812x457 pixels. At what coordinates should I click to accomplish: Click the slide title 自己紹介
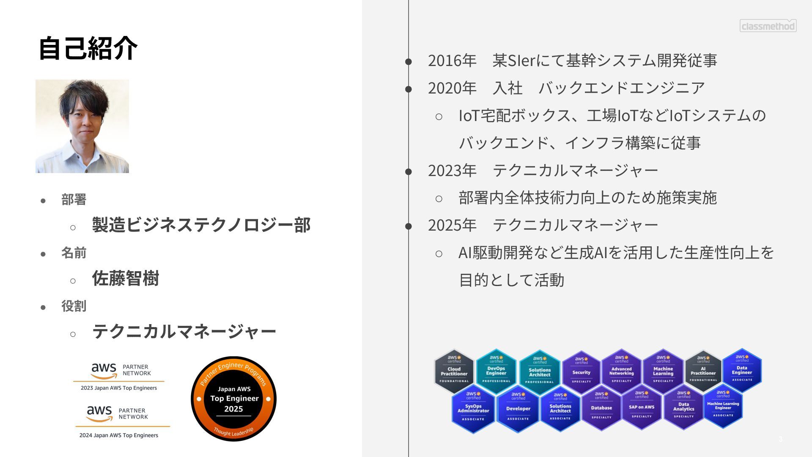[x=88, y=48]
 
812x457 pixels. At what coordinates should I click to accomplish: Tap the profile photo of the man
[x=82, y=126]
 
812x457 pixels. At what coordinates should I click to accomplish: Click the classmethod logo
[x=768, y=26]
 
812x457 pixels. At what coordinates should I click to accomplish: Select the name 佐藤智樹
[x=126, y=278]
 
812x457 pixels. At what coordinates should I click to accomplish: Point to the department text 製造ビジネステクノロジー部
[x=201, y=225]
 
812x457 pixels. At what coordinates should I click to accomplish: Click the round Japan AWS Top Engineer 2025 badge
[x=233, y=399]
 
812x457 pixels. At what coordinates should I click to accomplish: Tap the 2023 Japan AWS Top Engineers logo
[x=119, y=376]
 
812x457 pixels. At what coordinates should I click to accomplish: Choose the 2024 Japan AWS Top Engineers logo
[x=121, y=421]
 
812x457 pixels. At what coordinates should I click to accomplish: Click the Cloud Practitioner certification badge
[x=454, y=371]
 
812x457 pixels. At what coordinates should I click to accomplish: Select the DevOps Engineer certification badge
[x=496, y=371]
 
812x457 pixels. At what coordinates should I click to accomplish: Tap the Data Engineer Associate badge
[x=742, y=370]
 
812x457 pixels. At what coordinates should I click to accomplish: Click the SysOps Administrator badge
[x=473, y=408]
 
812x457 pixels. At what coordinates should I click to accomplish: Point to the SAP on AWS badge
[x=641, y=407]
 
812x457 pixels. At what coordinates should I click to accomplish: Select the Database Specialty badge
[x=601, y=407]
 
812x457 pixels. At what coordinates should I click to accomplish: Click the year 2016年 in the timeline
[x=452, y=61]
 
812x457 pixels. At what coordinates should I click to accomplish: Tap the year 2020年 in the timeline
[x=452, y=88]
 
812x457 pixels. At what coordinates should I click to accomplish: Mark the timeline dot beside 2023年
[x=409, y=171]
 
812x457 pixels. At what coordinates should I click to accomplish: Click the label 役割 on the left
[x=74, y=306]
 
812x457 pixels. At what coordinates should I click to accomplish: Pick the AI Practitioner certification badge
[x=703, y=371]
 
